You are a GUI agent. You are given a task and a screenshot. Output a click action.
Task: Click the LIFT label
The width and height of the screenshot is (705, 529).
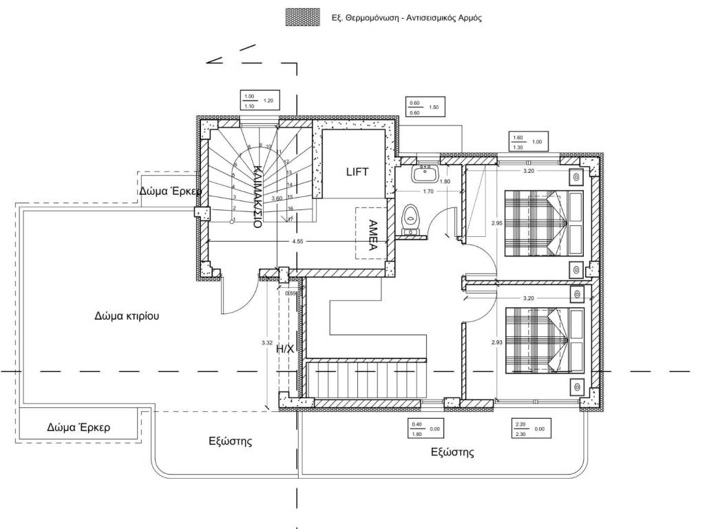tap(357, 172)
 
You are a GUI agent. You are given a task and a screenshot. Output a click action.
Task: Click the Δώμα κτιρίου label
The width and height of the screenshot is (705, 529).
tap(127, 317)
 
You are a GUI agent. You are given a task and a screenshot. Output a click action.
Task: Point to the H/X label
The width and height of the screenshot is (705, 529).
tap(285, 349)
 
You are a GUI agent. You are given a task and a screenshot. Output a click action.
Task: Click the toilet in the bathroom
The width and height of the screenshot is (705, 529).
tap(411, 217)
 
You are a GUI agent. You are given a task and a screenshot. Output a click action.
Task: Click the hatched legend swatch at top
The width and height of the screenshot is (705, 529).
tap(302, 18)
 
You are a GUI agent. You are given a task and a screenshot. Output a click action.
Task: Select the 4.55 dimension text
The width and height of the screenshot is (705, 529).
tap(297, 242)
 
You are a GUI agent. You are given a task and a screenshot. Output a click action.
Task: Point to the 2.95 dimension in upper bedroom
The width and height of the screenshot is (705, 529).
tap(496, 223)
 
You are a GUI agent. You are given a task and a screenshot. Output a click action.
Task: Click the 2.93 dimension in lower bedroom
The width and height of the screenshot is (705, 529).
tap(496, 342)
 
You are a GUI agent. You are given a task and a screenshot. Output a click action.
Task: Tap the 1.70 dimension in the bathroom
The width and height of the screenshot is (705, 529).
tap(428, 191)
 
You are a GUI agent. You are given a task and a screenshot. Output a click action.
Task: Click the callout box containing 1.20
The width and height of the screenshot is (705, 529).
tap(258, 101)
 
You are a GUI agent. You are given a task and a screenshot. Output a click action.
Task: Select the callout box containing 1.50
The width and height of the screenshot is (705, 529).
tap(424, 107)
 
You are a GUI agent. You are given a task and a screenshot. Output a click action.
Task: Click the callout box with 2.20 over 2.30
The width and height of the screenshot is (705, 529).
tap(529, 428)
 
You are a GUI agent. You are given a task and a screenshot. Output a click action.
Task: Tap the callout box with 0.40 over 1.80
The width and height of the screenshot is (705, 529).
tap(425, 428)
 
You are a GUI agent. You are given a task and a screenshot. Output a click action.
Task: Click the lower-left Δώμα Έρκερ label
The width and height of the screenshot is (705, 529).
tap(78, 427)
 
